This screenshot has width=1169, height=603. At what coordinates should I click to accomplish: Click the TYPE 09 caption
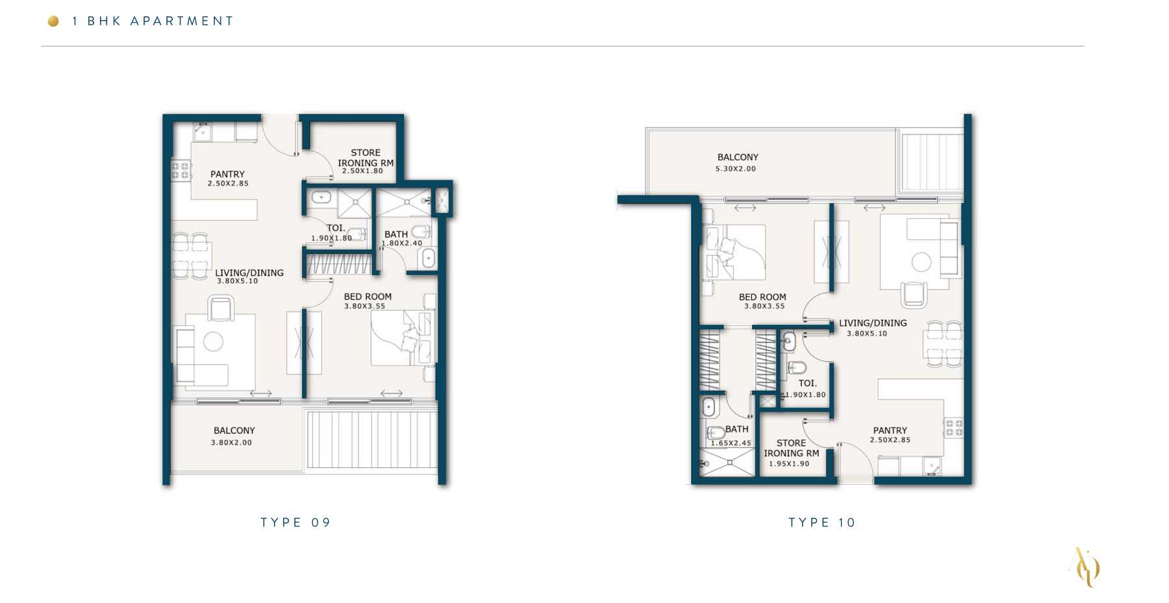295,523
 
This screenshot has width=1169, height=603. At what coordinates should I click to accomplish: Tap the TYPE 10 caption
822,523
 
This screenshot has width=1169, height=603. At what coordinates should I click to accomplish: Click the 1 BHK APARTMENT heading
153,21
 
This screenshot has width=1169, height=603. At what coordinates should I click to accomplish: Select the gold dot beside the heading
53,21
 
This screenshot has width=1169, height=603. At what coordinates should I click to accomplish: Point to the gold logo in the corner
1085,567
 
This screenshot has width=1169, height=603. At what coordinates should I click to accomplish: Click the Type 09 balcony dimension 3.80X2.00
231,443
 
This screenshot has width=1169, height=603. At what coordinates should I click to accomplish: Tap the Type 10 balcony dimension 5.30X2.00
736,169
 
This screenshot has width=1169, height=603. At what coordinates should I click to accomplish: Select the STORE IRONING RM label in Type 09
366,158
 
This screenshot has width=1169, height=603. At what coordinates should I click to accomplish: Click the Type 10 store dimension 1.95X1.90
789,463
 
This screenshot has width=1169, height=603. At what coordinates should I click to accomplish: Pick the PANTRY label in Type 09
227,174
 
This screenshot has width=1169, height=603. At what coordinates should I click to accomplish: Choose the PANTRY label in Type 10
890,430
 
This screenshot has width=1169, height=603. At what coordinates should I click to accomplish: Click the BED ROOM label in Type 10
762,297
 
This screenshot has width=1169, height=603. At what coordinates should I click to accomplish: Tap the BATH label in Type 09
396,234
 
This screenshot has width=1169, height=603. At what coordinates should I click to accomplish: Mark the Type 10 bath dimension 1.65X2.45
731,443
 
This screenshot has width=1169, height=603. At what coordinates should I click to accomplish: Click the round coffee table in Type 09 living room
213,341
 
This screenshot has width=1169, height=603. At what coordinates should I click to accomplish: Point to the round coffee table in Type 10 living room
921,262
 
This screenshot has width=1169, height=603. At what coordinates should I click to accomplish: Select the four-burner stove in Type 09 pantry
181,171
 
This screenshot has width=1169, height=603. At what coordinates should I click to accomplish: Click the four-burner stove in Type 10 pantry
953,428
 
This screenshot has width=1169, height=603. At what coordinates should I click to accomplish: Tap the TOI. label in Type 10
807,384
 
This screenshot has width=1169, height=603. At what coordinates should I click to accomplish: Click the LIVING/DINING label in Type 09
249,273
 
